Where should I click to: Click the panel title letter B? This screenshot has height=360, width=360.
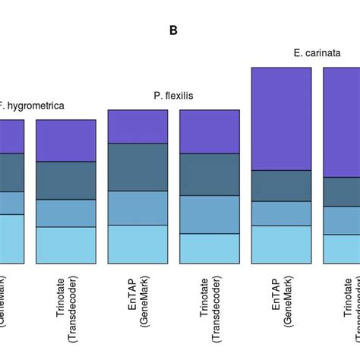click(173, 31)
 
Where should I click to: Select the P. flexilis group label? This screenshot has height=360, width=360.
click(174, 96)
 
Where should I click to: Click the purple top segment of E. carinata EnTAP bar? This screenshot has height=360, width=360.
click(281, 118)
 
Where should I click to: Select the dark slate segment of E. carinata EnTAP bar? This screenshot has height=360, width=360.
click(281, 185)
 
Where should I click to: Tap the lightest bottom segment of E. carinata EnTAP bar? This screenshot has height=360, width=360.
click(281, 244)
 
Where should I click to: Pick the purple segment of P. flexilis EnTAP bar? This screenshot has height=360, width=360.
click(137, 126)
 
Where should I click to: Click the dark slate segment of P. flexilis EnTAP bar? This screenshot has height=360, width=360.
click(137, 166)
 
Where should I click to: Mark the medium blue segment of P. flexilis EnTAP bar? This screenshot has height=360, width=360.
click(137, 207)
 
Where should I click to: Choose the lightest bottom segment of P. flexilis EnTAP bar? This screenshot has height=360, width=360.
click(137, 243)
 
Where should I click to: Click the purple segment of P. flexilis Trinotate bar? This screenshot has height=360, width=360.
click(209, 131)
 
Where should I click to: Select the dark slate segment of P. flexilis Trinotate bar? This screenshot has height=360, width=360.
click(209, 174)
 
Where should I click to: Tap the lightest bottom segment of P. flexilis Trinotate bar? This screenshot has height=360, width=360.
click(209, 248)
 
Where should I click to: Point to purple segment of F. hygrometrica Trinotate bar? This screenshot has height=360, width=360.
click(66, 141)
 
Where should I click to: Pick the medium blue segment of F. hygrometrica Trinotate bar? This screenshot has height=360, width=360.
click(66, 213)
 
